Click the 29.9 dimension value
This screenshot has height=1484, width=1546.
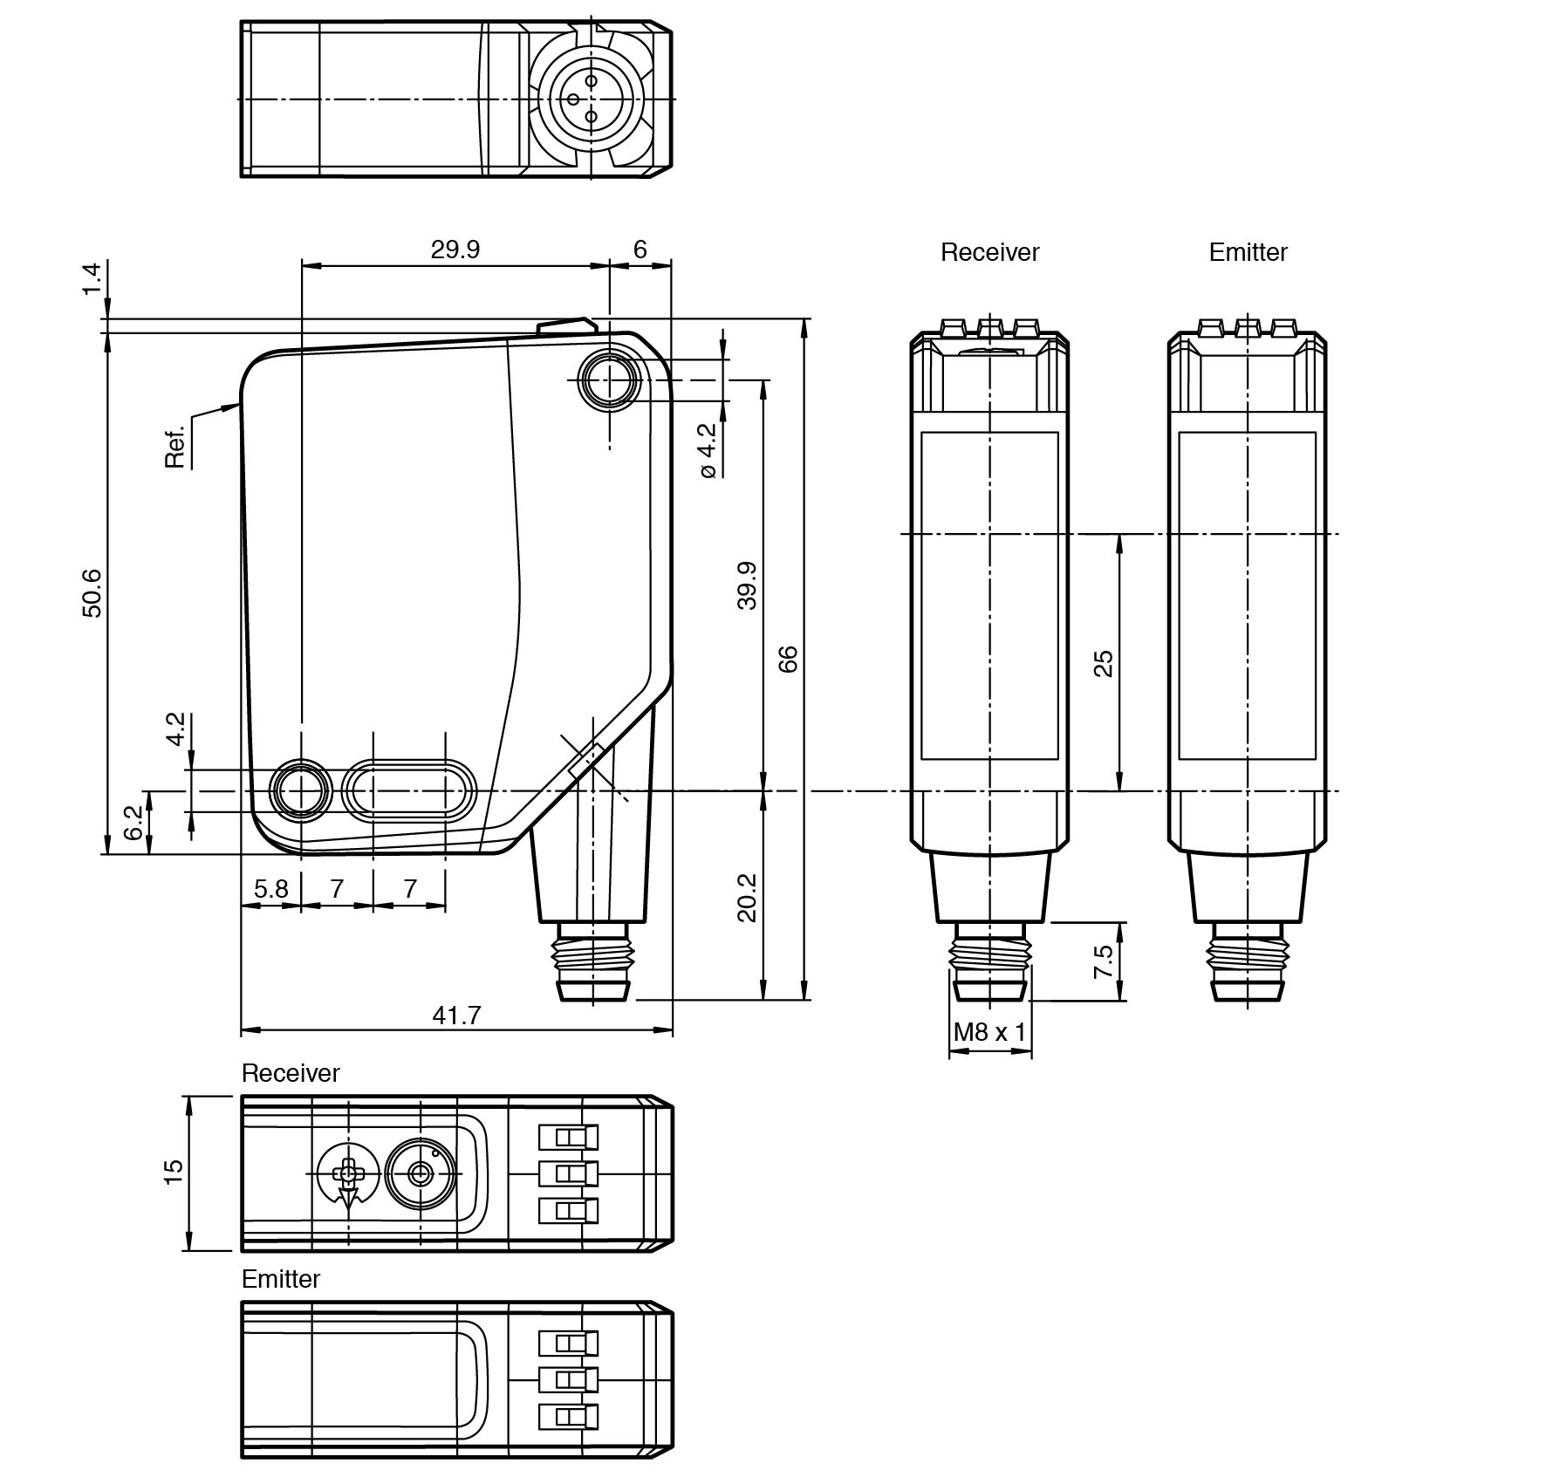tap(455, 250)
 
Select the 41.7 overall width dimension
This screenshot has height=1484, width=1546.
tap(456, 1016)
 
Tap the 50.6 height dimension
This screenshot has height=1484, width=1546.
tap(92, 592)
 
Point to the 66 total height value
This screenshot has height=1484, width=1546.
tap(787, 659)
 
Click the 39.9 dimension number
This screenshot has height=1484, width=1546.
tap(747, 585)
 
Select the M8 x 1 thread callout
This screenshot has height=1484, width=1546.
tap(989, 1033)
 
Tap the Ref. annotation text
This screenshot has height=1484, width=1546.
tap(175, 448)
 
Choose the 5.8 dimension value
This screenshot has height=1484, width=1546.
tap(270, 889)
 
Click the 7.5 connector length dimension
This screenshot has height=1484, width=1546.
tap(1103, 961)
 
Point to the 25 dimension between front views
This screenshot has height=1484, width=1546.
tap(1103, 663)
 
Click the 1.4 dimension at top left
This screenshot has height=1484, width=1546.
tap(92, 277)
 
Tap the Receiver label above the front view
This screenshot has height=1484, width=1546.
tap(989, 252)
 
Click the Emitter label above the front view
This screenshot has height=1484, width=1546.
tap(1248, 252)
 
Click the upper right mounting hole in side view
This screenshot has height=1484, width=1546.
tap(610, 380)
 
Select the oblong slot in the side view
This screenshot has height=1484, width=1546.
tap(409, 791)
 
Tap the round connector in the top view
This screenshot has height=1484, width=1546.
tap(591, 99)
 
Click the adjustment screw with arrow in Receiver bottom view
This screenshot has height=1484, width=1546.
tap(348, 1174)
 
